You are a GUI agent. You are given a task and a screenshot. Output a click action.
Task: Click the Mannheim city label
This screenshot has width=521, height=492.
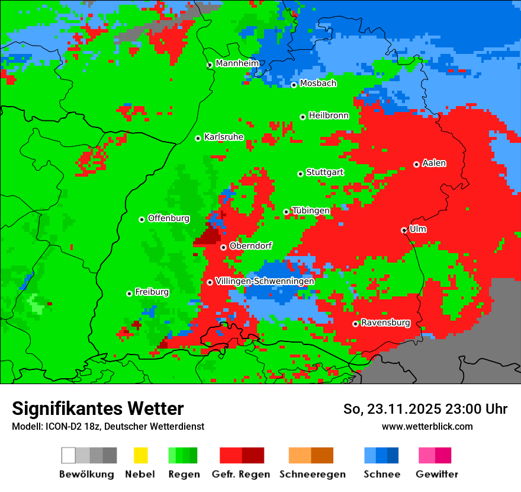(237, 63)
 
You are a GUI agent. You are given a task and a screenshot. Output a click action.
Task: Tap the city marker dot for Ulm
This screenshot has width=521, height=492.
(404, 230)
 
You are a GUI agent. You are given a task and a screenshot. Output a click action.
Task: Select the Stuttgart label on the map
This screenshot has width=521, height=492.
(325, 172)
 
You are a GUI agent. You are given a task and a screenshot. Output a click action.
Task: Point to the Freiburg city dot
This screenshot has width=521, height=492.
(129, 293)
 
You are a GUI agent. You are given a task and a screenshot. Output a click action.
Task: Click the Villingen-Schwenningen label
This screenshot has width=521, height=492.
(265, 281)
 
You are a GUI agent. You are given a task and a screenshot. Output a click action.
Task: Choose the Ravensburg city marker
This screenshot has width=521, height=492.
(355, 324)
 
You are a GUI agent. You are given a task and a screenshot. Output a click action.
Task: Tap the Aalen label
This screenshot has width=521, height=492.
(434, 163)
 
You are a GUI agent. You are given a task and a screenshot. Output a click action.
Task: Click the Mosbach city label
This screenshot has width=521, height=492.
(318, 84)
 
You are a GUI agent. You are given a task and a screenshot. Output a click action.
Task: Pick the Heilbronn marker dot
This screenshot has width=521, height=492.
(303, 117)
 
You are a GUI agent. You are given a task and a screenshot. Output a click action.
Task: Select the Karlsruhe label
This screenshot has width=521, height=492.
(224, 137)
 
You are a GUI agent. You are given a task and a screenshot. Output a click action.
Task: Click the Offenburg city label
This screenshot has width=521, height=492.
(169, 218)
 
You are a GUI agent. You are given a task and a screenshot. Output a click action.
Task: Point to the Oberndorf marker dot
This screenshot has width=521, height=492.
(223, 247)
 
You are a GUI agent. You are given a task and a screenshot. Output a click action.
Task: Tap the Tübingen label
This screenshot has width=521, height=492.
(311, 210)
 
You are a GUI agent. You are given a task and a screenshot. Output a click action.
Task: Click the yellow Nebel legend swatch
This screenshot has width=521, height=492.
(140, 455)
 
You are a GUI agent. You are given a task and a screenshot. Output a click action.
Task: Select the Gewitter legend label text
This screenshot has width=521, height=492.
(437, 474)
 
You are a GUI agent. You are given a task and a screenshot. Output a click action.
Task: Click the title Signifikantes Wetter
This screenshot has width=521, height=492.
(98, 409)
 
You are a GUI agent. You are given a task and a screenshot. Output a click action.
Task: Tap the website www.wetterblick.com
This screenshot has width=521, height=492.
(427, 427)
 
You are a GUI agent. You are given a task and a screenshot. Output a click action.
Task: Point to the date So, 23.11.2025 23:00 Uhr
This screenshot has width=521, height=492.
(425, 409)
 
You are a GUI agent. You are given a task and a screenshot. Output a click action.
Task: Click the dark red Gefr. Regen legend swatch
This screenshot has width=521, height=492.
(253, 455)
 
